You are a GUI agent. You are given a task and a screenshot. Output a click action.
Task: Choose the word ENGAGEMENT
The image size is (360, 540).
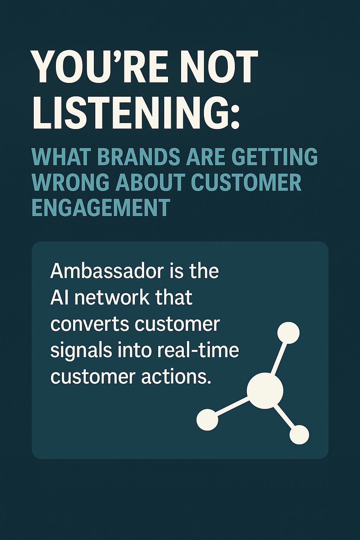[101, 208]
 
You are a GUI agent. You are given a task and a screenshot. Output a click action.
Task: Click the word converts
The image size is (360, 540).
[90, 324]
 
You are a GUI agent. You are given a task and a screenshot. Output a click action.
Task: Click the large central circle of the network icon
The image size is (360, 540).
[265, 391]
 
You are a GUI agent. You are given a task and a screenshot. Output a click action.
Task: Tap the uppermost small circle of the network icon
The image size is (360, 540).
[288, 333]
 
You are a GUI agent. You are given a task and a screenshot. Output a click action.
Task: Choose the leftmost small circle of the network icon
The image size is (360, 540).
[207, 420]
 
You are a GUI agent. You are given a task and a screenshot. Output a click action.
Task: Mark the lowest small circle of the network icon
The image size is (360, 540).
[299, 435]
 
